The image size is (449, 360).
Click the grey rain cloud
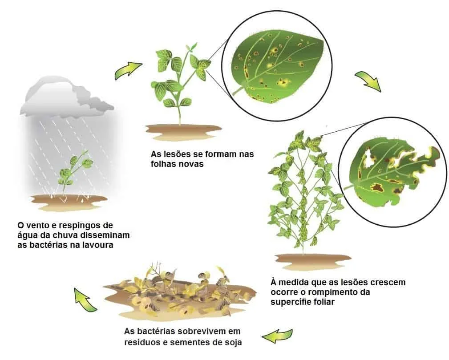67,96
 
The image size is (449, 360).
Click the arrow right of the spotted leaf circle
368,81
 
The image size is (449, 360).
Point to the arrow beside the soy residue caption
278,336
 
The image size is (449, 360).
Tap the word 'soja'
233,342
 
